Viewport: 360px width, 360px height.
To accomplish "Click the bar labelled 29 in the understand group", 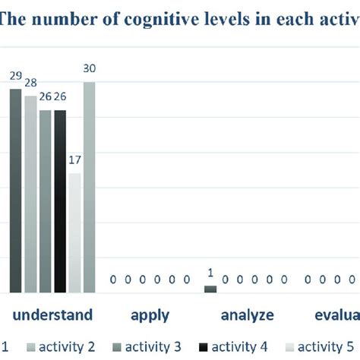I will (16, 190).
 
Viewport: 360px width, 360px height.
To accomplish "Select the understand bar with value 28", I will (30, 194).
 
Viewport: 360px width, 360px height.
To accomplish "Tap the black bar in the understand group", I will (60, 201).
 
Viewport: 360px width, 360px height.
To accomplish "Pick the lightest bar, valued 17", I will (74, 232).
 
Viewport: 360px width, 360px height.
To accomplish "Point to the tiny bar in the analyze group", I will (210, 289).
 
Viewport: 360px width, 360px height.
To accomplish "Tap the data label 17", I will (74, 160).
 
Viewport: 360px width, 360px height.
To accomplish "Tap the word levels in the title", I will (224, 17).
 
